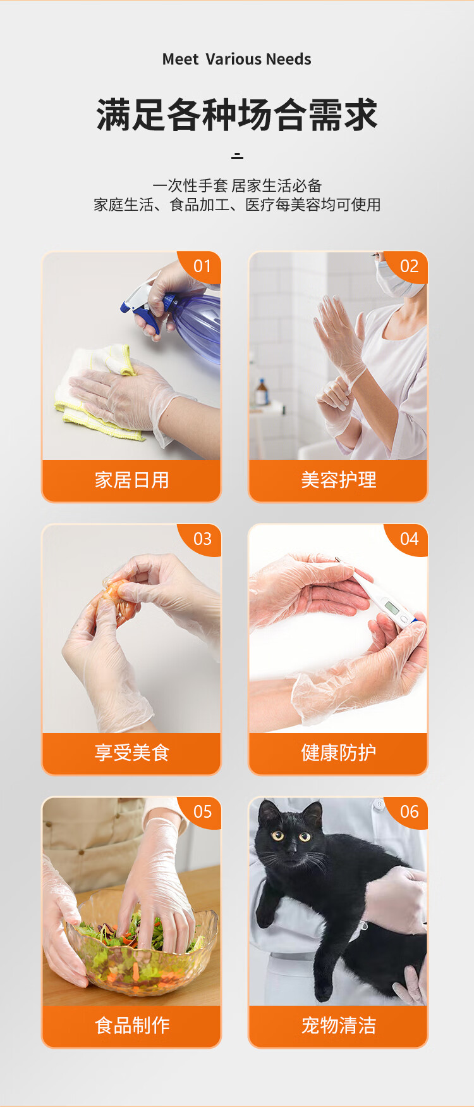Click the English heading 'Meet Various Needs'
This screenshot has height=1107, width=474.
click(236, 59)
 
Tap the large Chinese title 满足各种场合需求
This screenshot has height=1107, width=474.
click(237, 115)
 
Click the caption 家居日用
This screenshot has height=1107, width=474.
click(131, 480)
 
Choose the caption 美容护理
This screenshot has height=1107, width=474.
click(339, 480)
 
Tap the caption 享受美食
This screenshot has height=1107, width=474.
click(131, 753)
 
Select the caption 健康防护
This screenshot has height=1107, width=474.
click(339, 753)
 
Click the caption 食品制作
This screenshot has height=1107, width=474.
click(131, 1025)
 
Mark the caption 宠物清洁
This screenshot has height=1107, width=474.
click(339, 1025)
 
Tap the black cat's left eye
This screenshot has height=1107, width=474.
click(305, 837)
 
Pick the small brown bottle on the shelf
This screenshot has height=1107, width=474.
click(261, 392)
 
